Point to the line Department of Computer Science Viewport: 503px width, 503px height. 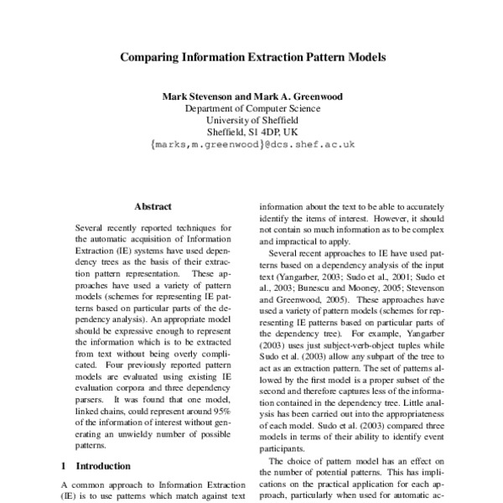pyautogui.click(x=251, y=108)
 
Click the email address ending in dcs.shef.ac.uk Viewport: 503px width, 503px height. pyautogui.click(x=252, y=144)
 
